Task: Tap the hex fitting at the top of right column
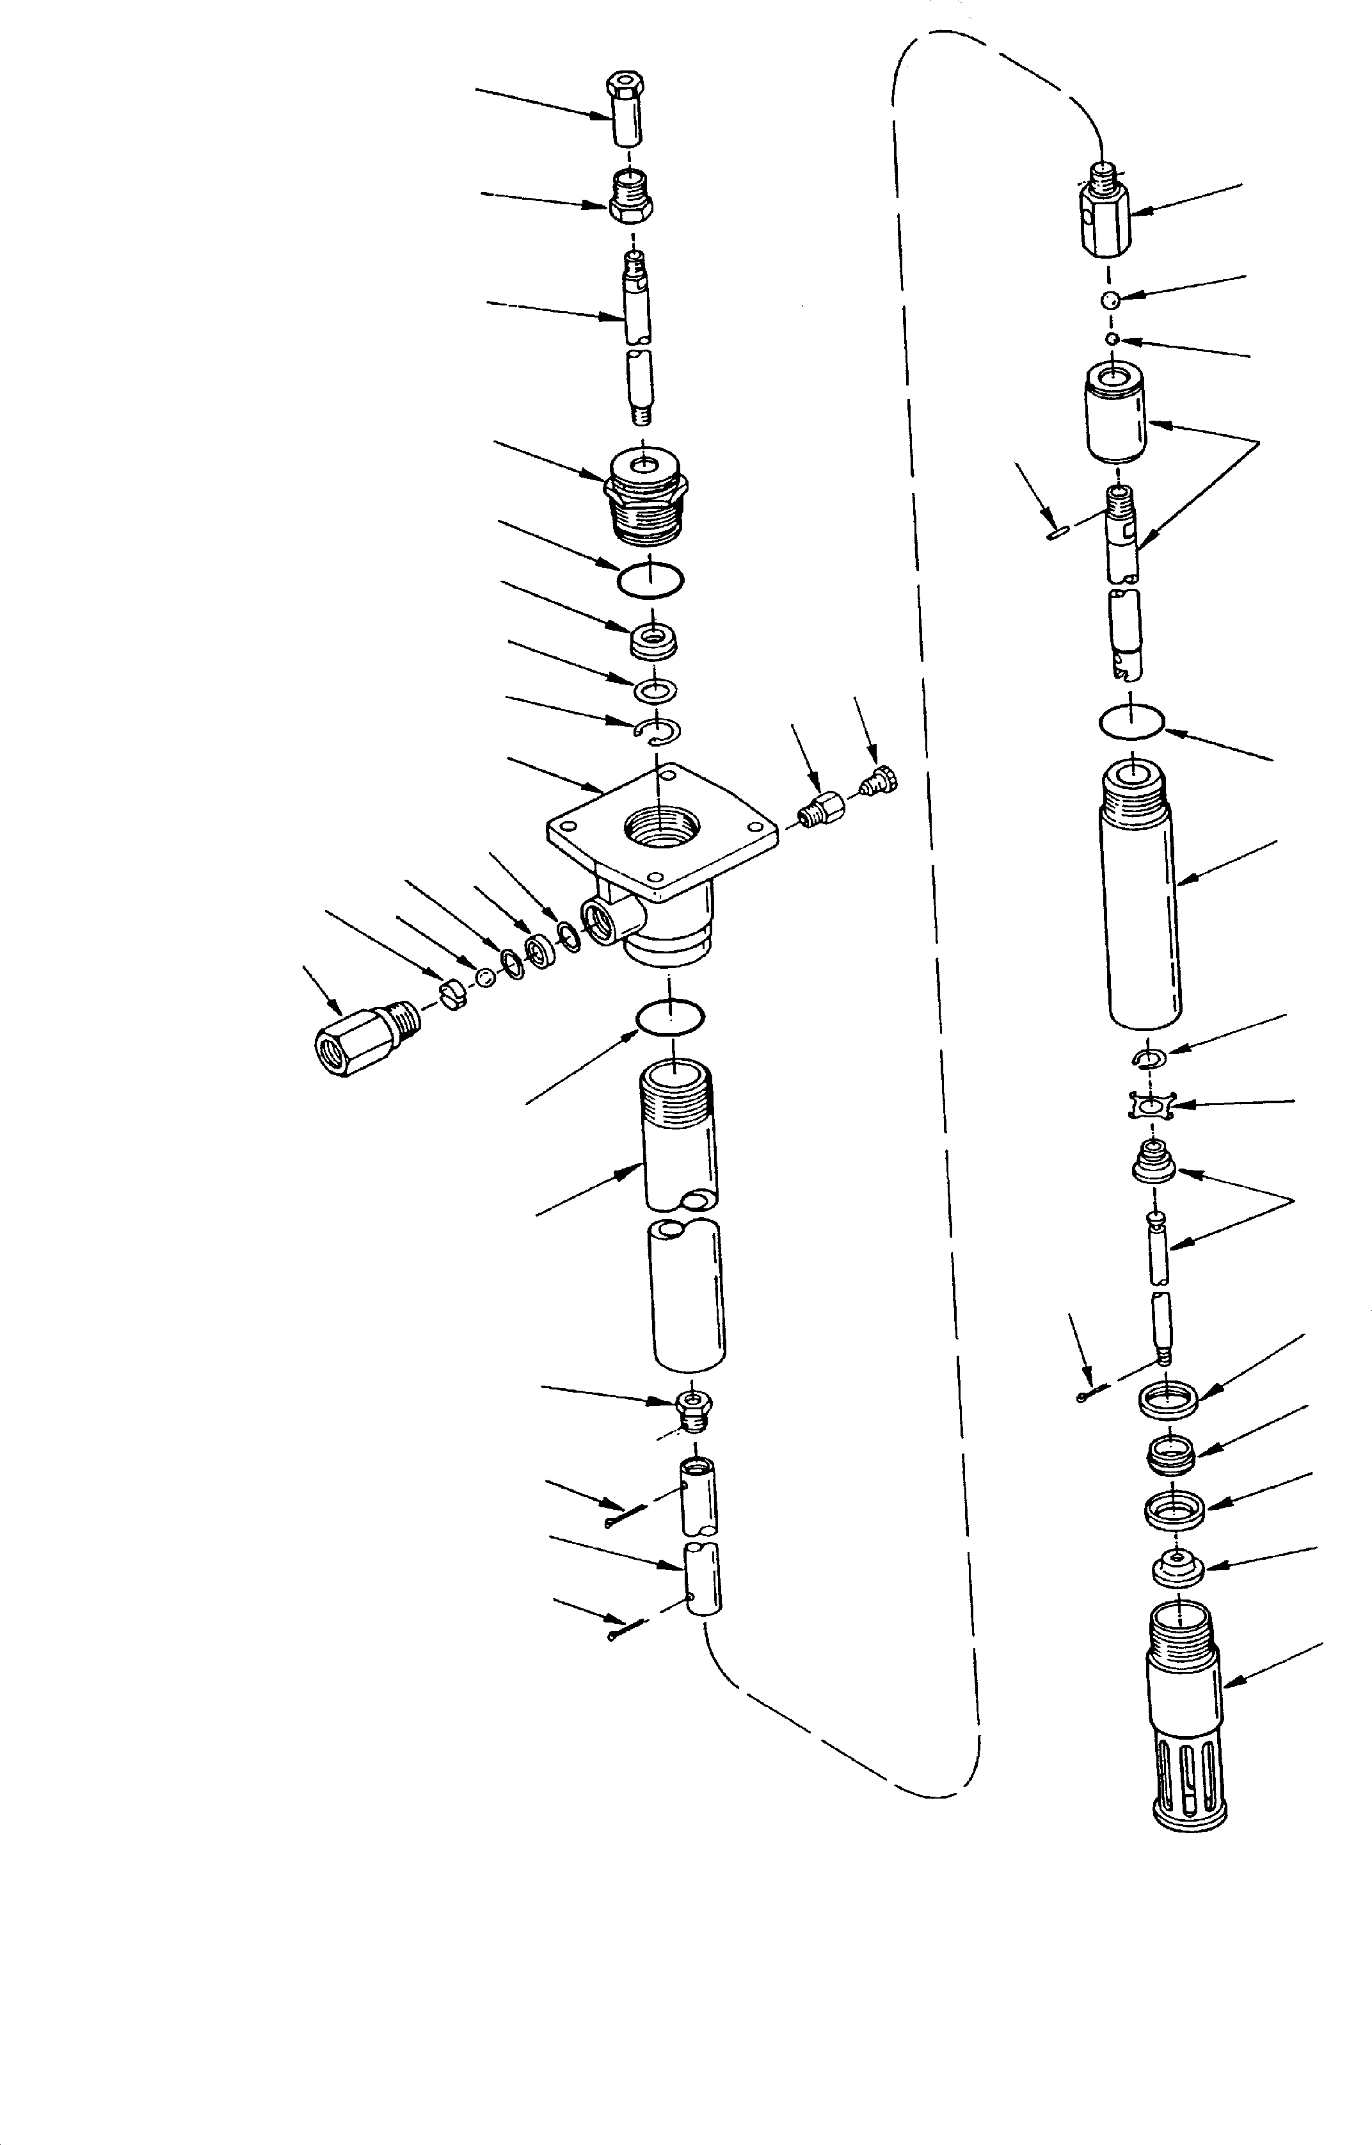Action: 1105,210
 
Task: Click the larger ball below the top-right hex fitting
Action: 1109,300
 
